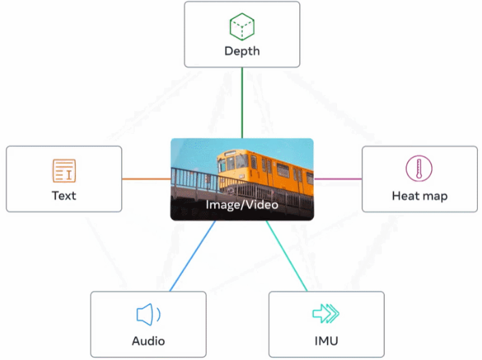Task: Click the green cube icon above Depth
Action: point(242,27)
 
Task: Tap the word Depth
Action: point(242,51)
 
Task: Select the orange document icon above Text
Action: point(64,171)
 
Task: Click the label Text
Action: point(64,195)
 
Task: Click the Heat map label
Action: point(419,196)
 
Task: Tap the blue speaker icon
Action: point(148,315)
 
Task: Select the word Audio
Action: point(148,341)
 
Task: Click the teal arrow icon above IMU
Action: point(326,314)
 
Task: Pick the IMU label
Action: point(326,341)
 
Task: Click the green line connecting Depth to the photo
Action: point(242,102)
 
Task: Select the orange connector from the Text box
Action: point(146,179)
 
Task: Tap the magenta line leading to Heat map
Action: point(338,179)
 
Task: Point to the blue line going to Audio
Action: point(192,256)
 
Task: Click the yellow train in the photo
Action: point(273,171)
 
